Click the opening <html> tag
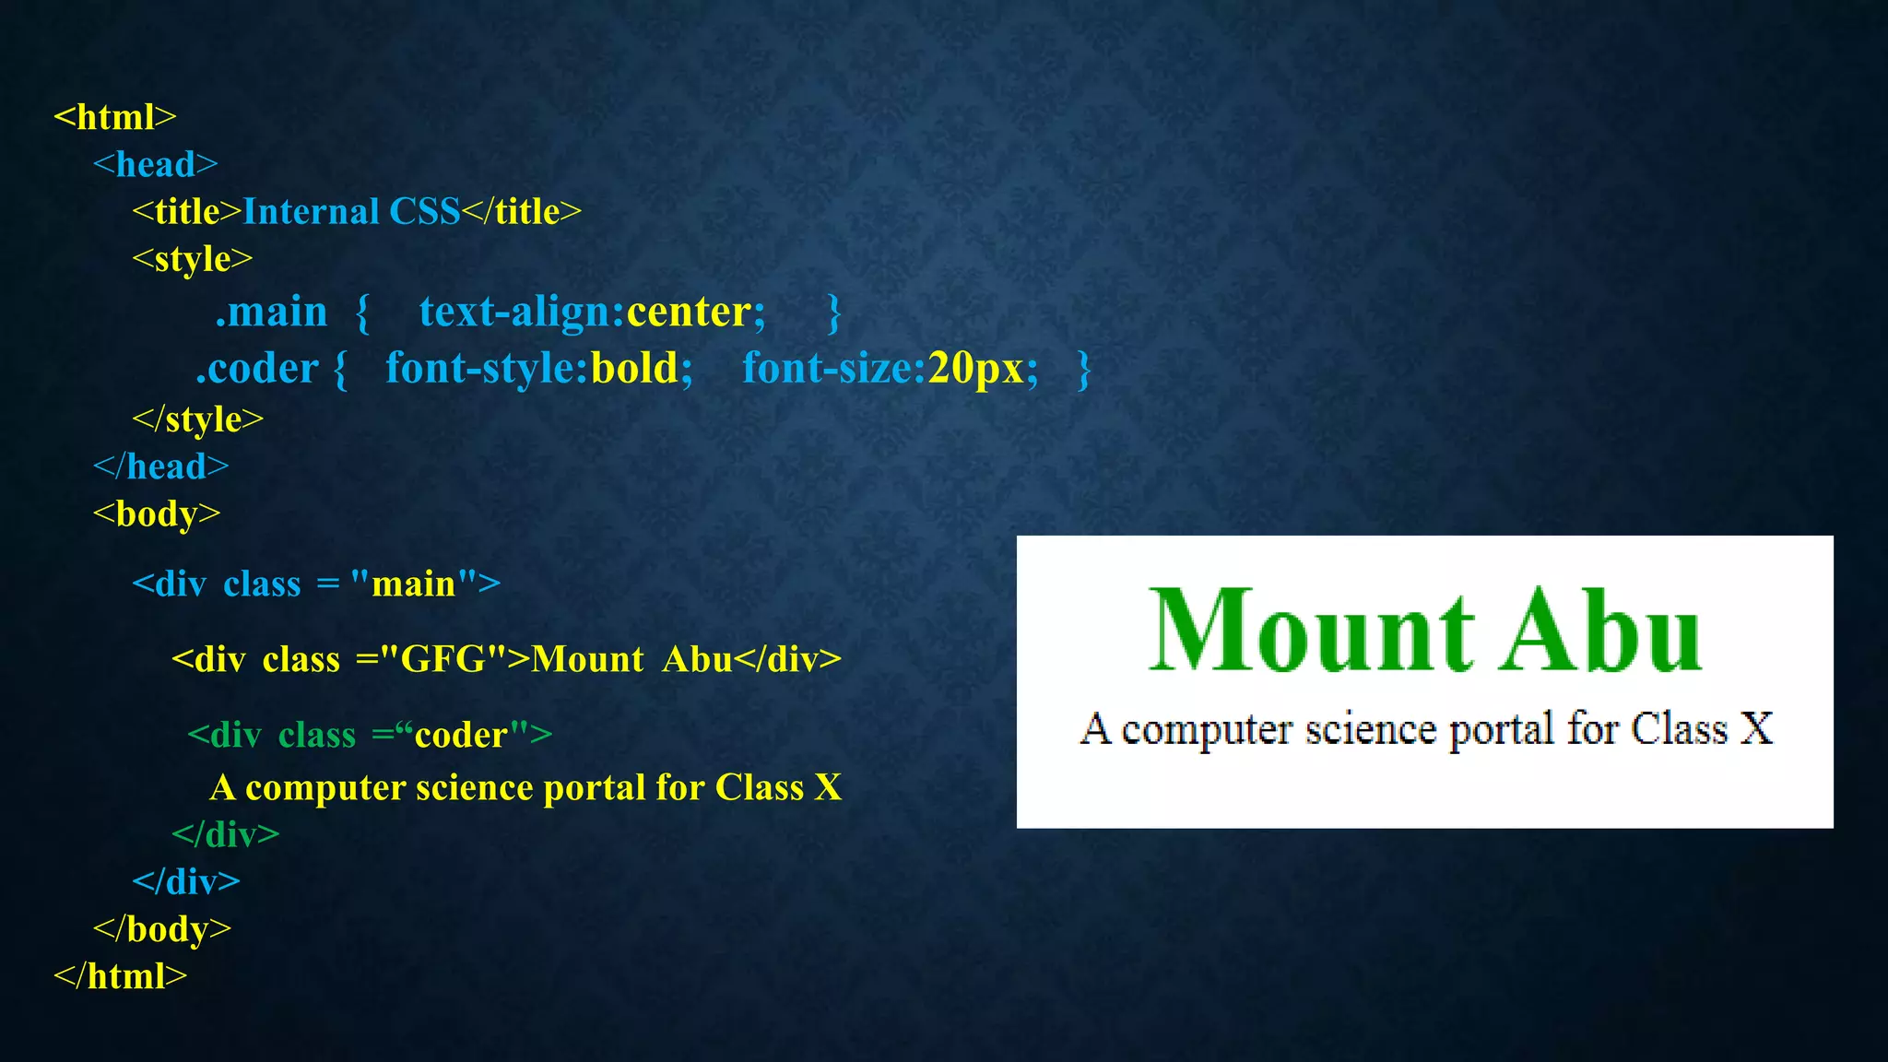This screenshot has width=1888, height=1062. coord(114,117)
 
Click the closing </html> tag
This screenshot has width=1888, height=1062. coord(120,975)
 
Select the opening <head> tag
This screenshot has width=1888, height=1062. coord(155,164)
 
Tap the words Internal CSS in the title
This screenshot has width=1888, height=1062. coord(350,211)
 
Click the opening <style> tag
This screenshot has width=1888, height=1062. coord(192,259)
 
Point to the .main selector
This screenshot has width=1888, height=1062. coord(271,312)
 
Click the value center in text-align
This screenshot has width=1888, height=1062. coord(689,312)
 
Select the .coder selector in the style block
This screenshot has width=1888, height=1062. coord(256,368)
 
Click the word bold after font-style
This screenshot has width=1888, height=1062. coord(634,368)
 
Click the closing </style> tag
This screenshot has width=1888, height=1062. coord(197,419)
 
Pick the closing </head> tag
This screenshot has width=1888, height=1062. coord(160,466)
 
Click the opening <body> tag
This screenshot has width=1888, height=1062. coord(157,513)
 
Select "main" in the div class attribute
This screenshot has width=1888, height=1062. coord(414,584)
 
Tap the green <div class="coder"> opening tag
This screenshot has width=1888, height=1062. coord(369,735)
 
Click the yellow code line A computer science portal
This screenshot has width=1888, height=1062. coord(525,787)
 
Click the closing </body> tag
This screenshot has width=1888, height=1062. coord(162,928)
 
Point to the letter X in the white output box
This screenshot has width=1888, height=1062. coord(1755,728)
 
